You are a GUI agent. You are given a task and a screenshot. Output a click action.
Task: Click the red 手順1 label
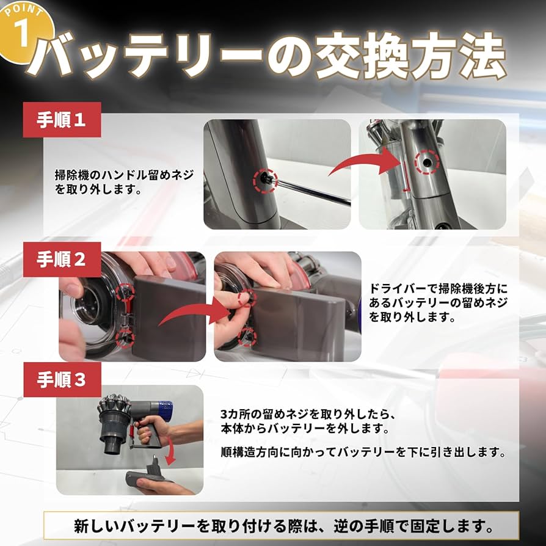62,120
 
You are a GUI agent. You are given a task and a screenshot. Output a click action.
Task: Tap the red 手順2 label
62,260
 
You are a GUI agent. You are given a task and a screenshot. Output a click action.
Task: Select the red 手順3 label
62,380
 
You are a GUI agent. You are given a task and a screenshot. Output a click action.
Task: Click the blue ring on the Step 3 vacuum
165,408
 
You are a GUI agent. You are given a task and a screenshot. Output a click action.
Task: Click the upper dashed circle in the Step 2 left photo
125,290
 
